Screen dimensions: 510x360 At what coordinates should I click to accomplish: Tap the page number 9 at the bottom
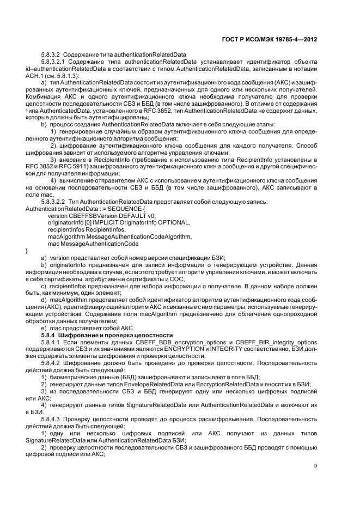[315, 465]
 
